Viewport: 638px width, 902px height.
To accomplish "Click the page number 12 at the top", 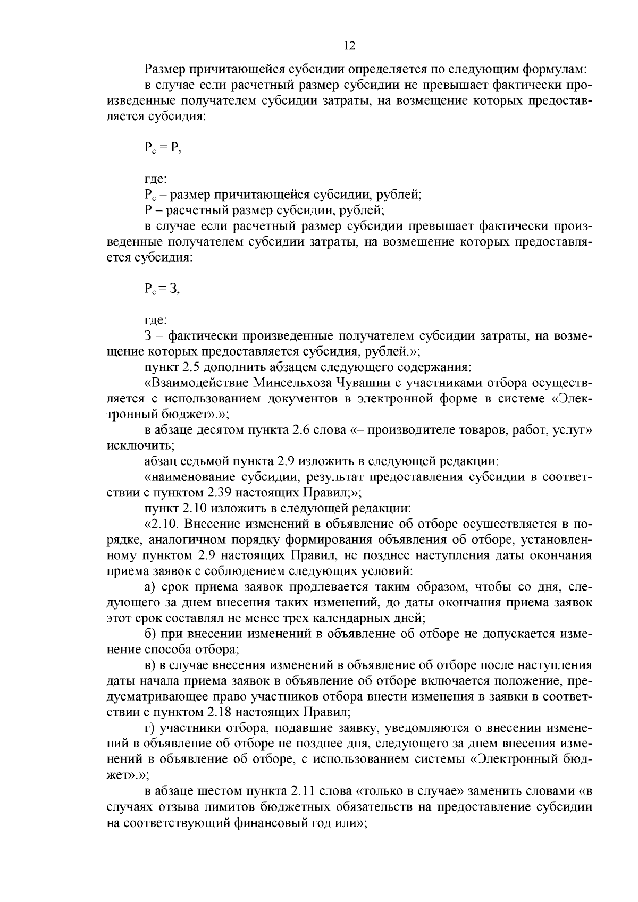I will pos(349,46).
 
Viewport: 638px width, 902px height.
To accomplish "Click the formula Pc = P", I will pos(162,149).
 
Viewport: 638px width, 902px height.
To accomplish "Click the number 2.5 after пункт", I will pos(194,367).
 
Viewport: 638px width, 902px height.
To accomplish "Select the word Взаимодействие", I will pos(198,383).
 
